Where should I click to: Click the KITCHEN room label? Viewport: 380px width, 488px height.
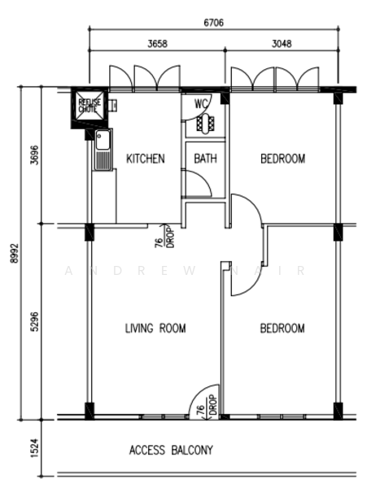coord(146,159)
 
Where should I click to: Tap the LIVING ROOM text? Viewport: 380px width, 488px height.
coord(155,329)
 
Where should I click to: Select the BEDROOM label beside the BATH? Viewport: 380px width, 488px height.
coord(282,159)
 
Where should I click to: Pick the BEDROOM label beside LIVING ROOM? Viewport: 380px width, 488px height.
coord(282,329)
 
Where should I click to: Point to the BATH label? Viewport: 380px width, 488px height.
coord(205,159)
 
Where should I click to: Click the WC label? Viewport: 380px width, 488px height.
coord(202,104)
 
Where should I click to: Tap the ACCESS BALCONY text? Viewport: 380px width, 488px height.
coord(171,450)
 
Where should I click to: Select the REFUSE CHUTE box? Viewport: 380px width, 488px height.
coord(88,104)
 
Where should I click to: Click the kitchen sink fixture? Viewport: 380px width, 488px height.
coord(103,150)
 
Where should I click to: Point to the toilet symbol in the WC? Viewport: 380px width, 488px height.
coord(203,124)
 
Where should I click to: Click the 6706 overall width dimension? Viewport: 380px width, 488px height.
coord(216,25)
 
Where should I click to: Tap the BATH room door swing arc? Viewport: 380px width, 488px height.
coord(195,185)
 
